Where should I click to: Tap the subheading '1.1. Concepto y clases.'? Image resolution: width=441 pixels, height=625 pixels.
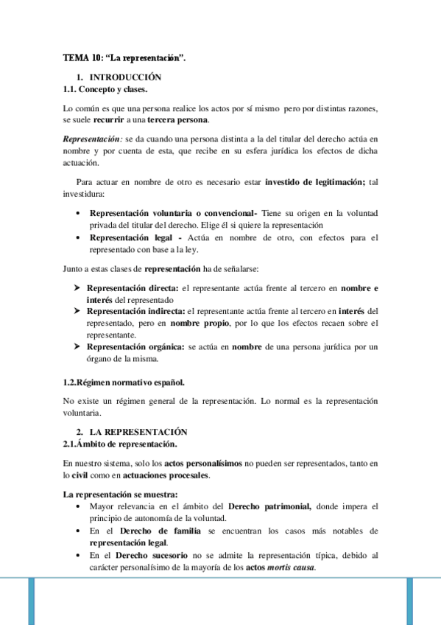pos(105,89)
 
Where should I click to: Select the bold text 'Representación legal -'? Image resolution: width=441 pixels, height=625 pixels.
pos(135,237)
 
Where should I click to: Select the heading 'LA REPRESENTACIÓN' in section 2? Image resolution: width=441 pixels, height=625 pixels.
pos(138,432)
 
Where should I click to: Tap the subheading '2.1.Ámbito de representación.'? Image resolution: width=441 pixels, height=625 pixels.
pos(121,444)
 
